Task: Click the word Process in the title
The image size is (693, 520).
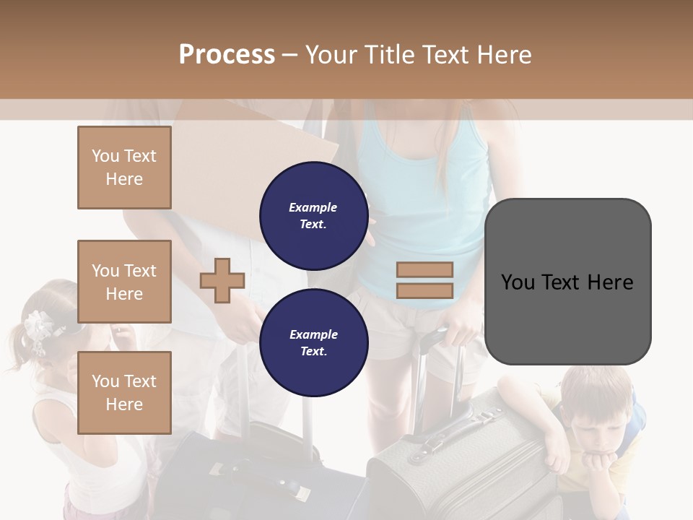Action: click(227, 55)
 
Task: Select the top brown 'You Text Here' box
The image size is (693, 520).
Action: click(124, 168)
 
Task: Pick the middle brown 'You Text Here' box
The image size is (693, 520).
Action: click(124, 282)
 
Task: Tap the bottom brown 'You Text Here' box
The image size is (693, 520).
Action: click(124, 392)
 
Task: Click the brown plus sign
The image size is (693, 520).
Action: click(222, 280)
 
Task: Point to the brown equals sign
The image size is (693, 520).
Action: click(425, 280)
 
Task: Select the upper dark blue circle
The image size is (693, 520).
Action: click(313, 215)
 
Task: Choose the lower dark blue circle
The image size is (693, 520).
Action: click(313, 342)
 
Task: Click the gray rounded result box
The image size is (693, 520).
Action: click(567, 282)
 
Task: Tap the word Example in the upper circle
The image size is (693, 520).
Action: click(313, 207)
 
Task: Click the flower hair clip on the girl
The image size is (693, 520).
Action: click(37, 329)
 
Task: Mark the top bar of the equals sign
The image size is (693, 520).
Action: click(425, 270)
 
